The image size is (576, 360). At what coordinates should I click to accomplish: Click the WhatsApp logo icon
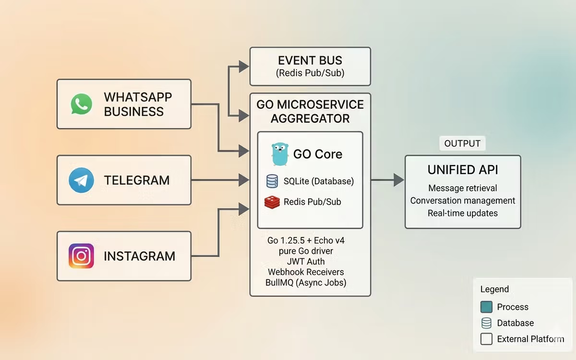(81, 104)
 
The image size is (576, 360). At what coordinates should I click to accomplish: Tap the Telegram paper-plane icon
(81, 180)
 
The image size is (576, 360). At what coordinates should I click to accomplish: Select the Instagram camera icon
(81, 256)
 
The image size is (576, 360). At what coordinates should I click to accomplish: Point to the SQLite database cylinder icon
(272, 181)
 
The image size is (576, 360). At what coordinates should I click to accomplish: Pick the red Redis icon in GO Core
(272, 202)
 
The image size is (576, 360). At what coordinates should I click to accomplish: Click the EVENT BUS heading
(310, 60)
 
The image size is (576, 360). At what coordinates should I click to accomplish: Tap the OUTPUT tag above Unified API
(462, 144)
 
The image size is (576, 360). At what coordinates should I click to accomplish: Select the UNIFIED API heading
(463, 169)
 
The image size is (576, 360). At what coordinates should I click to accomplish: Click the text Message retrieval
(463, 188)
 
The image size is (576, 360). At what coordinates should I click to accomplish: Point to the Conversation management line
(463, 201)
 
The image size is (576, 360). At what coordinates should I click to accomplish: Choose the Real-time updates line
(463, 213)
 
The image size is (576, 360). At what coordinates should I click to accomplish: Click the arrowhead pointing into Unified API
(398, 180)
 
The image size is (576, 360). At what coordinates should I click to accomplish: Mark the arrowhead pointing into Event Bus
(244, 66)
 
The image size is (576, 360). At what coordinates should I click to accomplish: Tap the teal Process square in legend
(486, 307)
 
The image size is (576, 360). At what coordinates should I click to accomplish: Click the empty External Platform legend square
(486, 339)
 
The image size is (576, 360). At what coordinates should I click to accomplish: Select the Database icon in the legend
(486, 323)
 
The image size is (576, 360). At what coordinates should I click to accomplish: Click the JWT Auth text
(306, 262)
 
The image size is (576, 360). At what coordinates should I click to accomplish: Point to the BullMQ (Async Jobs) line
(306, 283)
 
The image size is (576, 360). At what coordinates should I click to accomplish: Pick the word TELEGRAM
(137, 180)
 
